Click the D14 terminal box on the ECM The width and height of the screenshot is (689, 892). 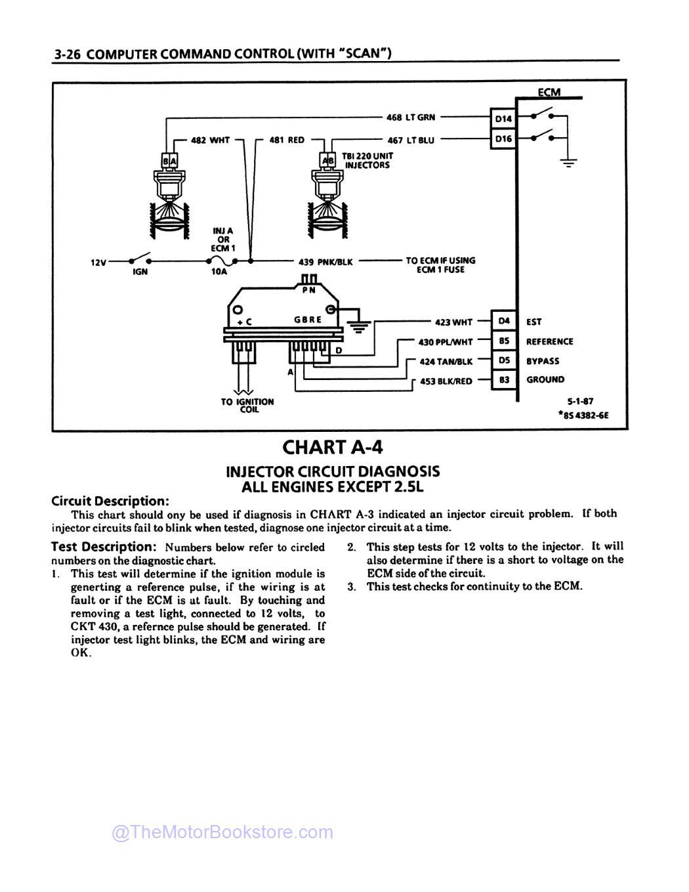point(503,119)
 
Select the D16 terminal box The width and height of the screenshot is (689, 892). point(503,139)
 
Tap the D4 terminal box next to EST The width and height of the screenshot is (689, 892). point(503,322)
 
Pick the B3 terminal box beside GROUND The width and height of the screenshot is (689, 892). point(503,380)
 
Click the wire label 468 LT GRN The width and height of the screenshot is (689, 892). point(410,117)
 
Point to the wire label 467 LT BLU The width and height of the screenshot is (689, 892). point(411,140)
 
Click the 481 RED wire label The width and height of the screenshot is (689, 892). point(287,140)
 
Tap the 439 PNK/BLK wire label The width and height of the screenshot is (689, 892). point(325,262)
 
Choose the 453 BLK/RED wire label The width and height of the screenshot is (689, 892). point(446,381)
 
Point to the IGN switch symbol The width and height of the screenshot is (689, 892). point(140,260)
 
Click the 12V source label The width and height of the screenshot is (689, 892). point(98,263)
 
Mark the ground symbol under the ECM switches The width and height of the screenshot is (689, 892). point(568,161)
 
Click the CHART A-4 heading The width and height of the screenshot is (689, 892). point(332,447)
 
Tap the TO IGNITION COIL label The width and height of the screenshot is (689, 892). point(247,405)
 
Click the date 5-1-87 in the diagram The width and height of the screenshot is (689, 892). point(580,401)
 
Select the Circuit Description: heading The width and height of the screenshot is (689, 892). point(110,501)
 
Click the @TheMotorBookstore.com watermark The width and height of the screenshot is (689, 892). point(222,832)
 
